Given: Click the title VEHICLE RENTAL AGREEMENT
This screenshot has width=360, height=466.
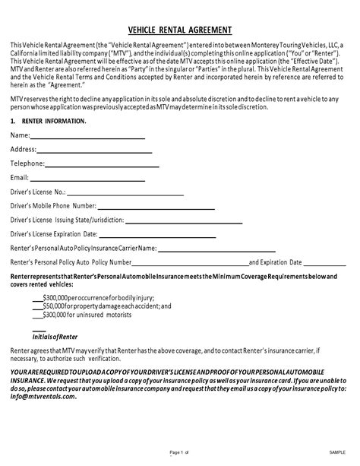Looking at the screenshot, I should pyautogui.click(x=180, y=30).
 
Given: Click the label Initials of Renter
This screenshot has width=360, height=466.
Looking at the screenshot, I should pyautogui.click(x=55, y=335).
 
